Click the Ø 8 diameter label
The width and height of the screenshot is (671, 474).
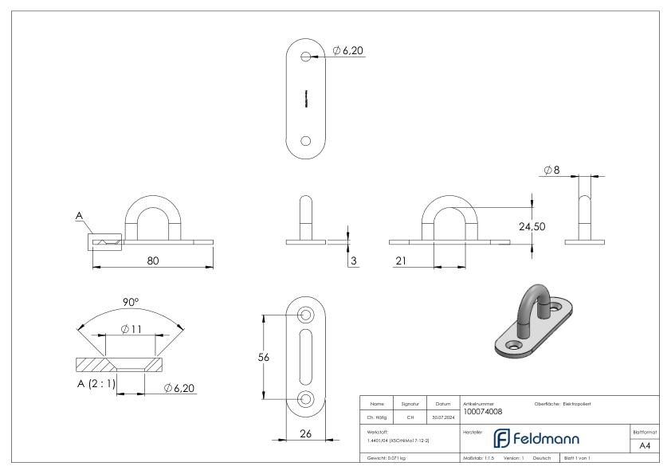pos(553,170)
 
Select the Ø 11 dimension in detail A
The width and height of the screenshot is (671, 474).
pos(131,328)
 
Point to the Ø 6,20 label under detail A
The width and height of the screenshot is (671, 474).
pos(180,388)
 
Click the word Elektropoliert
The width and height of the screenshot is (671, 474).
pos(587,405)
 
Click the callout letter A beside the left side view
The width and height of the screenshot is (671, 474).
pos(79,215)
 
